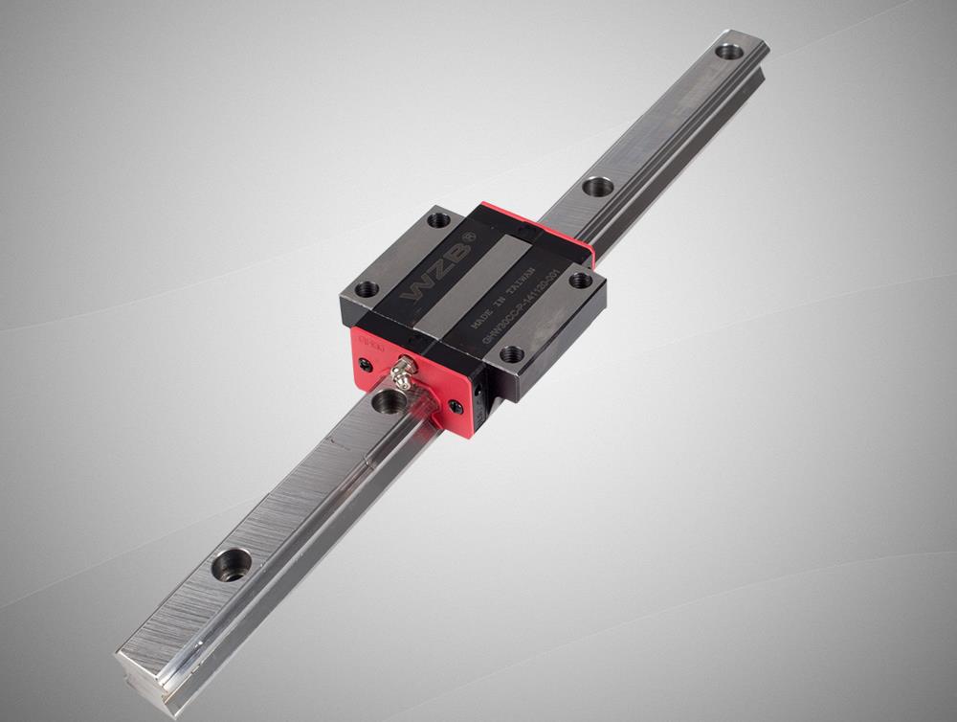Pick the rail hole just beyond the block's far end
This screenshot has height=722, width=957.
[598, 186]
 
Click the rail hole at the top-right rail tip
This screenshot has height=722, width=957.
[730, 51]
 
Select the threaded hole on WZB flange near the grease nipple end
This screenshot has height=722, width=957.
[367, 288]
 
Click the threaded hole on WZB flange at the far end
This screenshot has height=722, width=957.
[438, 220]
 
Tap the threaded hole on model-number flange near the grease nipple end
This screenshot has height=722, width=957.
[512, 354]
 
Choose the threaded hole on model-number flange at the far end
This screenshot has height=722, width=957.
[580, 280]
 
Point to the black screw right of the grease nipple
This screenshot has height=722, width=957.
[456, 406]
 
